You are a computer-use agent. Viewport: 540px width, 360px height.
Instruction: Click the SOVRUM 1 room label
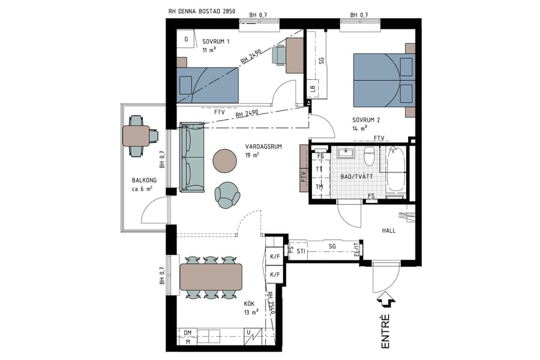(x=215, y=41)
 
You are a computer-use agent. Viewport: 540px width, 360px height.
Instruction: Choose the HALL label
(x=389, y=230)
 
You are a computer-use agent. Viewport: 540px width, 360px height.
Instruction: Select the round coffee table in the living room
(x=225, y=160)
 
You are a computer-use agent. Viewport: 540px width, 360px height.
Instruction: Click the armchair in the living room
(x=227, y=194)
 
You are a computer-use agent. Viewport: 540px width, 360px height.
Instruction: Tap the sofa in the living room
(x=192, y=157)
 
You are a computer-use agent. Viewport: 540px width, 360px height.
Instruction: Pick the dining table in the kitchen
(x=211, y=277)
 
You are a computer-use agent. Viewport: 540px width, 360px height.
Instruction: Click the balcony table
(x=136, y=136)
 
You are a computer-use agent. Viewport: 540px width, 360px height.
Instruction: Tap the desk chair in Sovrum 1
(x=278, y=55)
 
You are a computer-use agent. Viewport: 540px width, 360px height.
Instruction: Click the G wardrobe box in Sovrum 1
(x=187, y=40)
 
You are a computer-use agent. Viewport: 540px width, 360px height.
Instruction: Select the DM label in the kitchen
(x=187, y=332)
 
